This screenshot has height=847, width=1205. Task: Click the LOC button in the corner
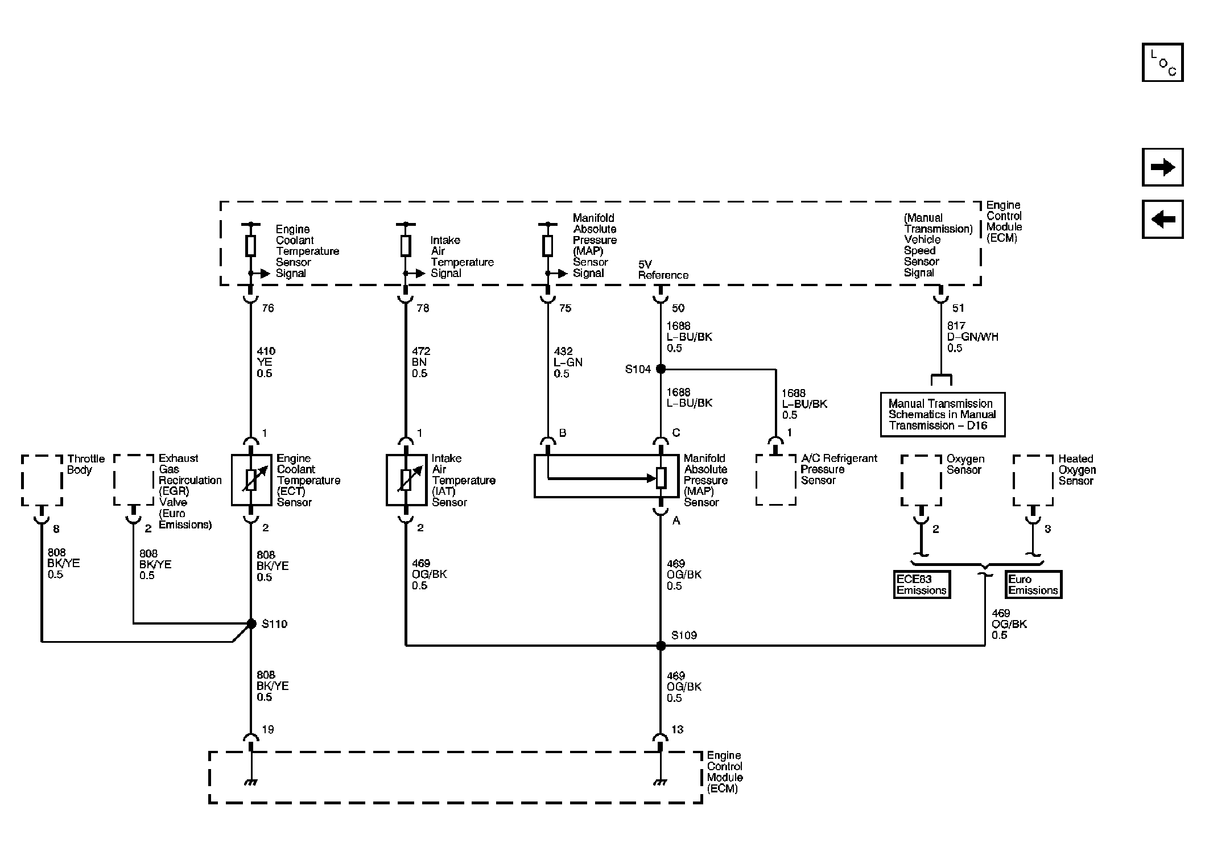coord(1162,63)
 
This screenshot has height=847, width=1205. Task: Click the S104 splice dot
coord(661,369)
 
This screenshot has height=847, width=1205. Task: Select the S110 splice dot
coord(251,624)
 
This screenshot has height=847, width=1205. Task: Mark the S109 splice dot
coord(661,646)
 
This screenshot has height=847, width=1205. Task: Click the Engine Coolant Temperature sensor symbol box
coord(251,480)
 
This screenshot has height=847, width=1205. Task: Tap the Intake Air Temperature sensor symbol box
coord(406,480)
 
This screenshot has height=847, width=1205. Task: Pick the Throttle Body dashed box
coord(42,480)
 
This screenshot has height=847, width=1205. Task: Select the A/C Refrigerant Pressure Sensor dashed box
coord(775,480)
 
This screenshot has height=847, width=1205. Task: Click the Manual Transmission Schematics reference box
coord(942,415)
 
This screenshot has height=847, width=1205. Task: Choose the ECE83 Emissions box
coord(921,585)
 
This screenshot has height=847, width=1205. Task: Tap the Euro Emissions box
coord(1033,585)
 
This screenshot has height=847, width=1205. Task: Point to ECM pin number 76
coord(268,308)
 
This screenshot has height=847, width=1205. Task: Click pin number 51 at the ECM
coord(958,308)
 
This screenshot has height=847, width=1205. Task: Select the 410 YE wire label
coord(265,362)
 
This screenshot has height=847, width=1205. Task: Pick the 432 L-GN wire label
coord(567,362)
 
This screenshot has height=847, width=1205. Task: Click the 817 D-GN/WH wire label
coord(972,337)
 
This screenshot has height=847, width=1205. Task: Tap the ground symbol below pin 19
coord(250,782)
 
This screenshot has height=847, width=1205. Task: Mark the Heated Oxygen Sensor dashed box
coord(1033,480)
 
